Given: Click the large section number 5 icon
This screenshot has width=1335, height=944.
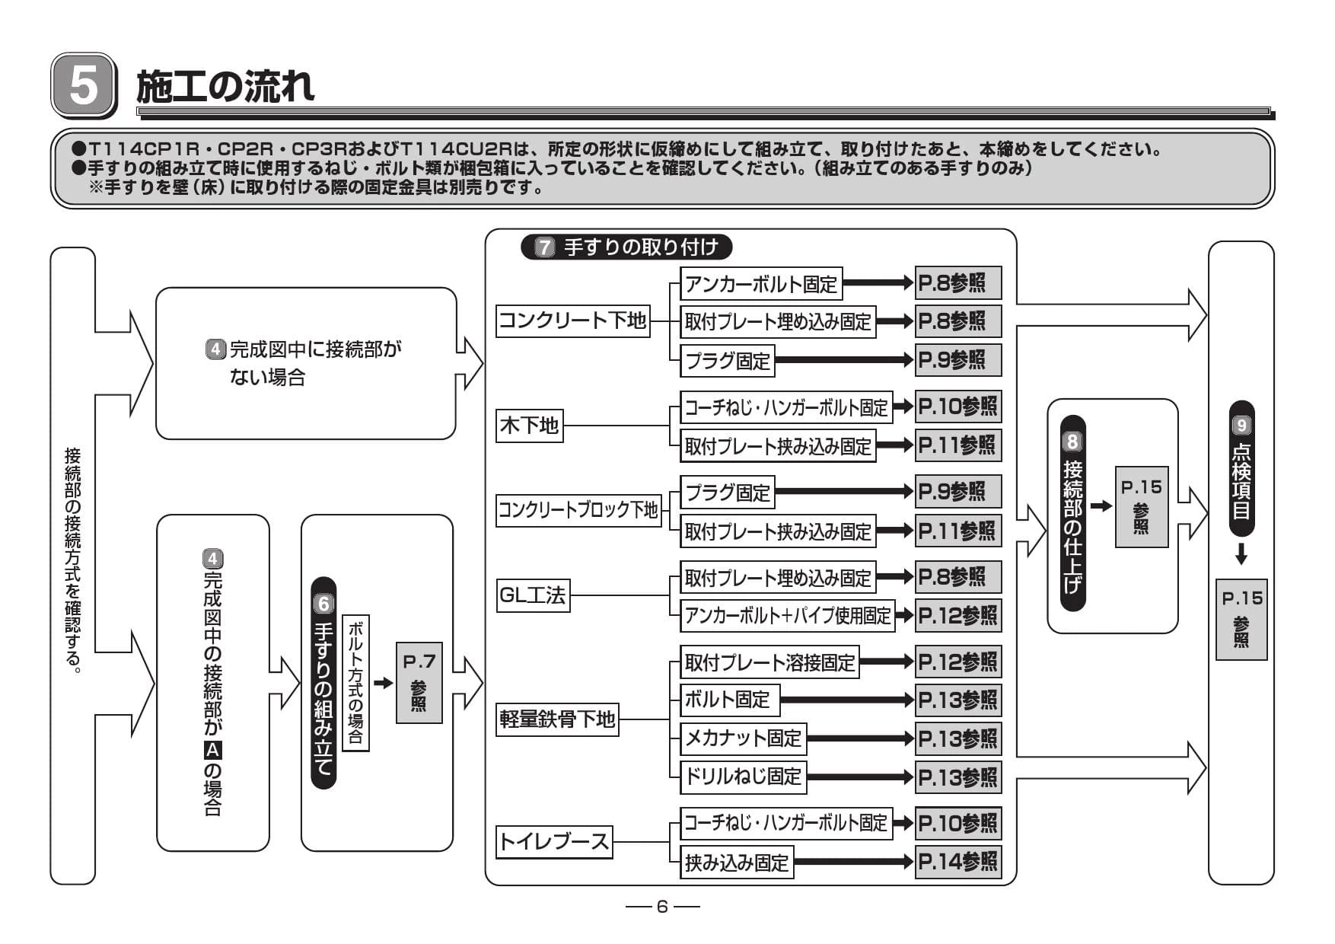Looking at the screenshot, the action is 84,85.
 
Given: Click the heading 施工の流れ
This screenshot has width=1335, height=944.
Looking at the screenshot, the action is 225,85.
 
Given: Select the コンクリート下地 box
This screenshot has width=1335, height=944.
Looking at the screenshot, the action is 573,321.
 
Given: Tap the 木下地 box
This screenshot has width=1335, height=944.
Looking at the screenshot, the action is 530,426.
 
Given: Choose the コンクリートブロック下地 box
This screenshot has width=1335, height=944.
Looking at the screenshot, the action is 578,510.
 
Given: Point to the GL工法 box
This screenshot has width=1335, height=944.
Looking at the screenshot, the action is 533,595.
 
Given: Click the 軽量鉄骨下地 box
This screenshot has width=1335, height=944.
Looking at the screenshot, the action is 557,719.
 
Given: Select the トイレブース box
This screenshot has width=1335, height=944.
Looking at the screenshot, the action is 554,842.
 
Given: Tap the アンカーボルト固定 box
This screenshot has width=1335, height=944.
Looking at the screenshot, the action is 761,284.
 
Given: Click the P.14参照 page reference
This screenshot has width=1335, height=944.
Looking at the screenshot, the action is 957,862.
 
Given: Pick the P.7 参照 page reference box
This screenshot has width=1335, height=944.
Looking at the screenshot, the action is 419,683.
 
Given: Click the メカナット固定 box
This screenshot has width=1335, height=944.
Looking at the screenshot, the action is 744,738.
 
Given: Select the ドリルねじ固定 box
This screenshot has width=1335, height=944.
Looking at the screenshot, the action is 744,777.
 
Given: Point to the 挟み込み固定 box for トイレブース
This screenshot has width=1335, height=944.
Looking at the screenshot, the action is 737,863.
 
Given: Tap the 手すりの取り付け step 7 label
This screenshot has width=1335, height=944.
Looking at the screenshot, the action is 626,247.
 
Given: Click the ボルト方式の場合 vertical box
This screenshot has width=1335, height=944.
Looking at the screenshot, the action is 355,683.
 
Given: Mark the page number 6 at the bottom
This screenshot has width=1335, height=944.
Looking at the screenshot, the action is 662,906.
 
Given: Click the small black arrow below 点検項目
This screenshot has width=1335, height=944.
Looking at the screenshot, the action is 1241,554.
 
